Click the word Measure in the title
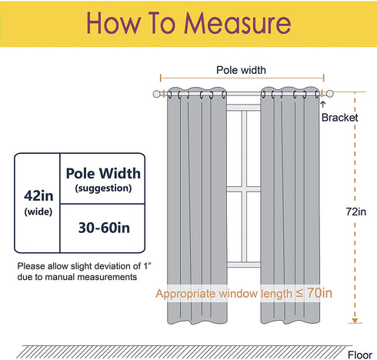[x=238, y=23]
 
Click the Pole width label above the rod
[x=241, y=70]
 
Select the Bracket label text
[x=340, y=118]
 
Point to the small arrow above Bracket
[x=323, y=104]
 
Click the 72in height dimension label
[x=355, y=212]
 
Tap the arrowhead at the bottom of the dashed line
[x=355, y=321]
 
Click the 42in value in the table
[x=38, y=196]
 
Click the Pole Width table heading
[x=103, y=173]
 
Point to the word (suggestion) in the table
[x=103, y=188]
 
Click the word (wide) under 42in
[x=38, y=212]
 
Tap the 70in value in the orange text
[x=319, y=292]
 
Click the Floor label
[x=360, y=355]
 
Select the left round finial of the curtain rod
[x=156, y=94]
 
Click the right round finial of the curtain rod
[x=330, y=94]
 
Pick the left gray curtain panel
[x=197, y=205]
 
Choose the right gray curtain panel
[x=290, y=205]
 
